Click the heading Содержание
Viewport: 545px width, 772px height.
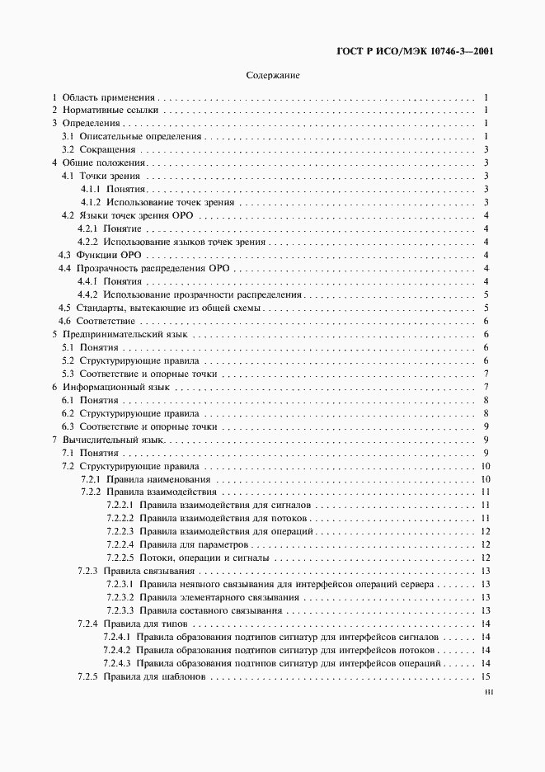pyautogui.click(x=273, y=75)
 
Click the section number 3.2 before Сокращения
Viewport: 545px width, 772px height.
pyautogui.click(x=70, y=150)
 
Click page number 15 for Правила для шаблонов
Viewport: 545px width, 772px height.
pyautogui.click(x=486, y=677)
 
